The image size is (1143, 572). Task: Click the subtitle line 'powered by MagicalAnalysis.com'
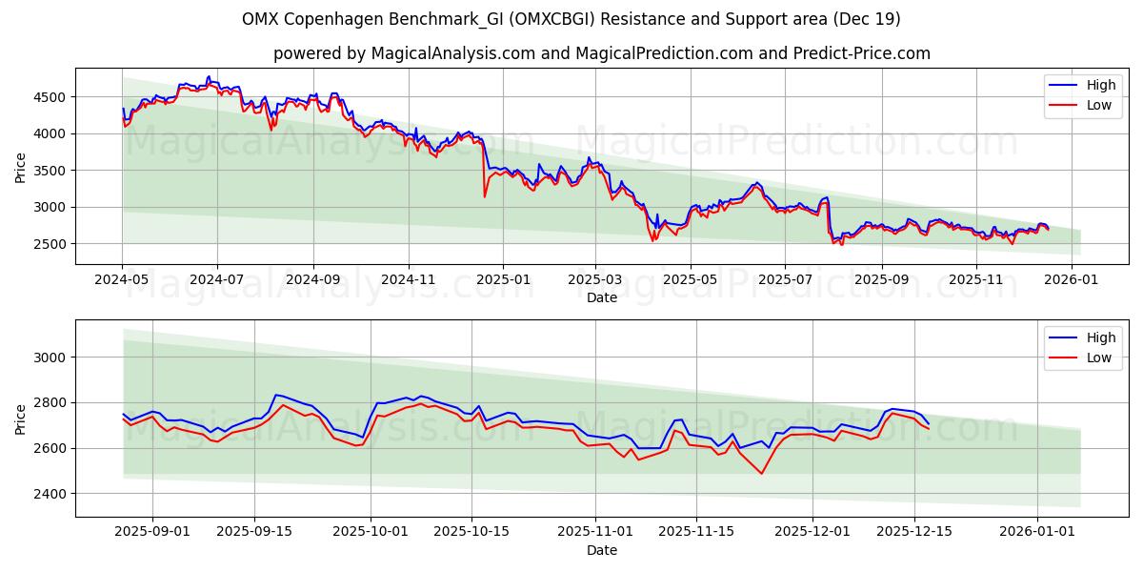click(x=601, y=53)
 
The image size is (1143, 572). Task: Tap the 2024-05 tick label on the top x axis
click(x=122, y=280)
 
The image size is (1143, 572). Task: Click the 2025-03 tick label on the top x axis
click(x=595, y=280)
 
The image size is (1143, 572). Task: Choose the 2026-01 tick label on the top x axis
click(x=1071, y=280)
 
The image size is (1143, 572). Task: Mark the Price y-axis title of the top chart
click(x=21, y=167)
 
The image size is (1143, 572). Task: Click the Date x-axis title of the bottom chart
click(x=601, y=550)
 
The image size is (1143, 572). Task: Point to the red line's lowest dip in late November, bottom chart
click(x=761, y=474)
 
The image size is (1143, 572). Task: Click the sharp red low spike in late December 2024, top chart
click(x=485, y=196)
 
